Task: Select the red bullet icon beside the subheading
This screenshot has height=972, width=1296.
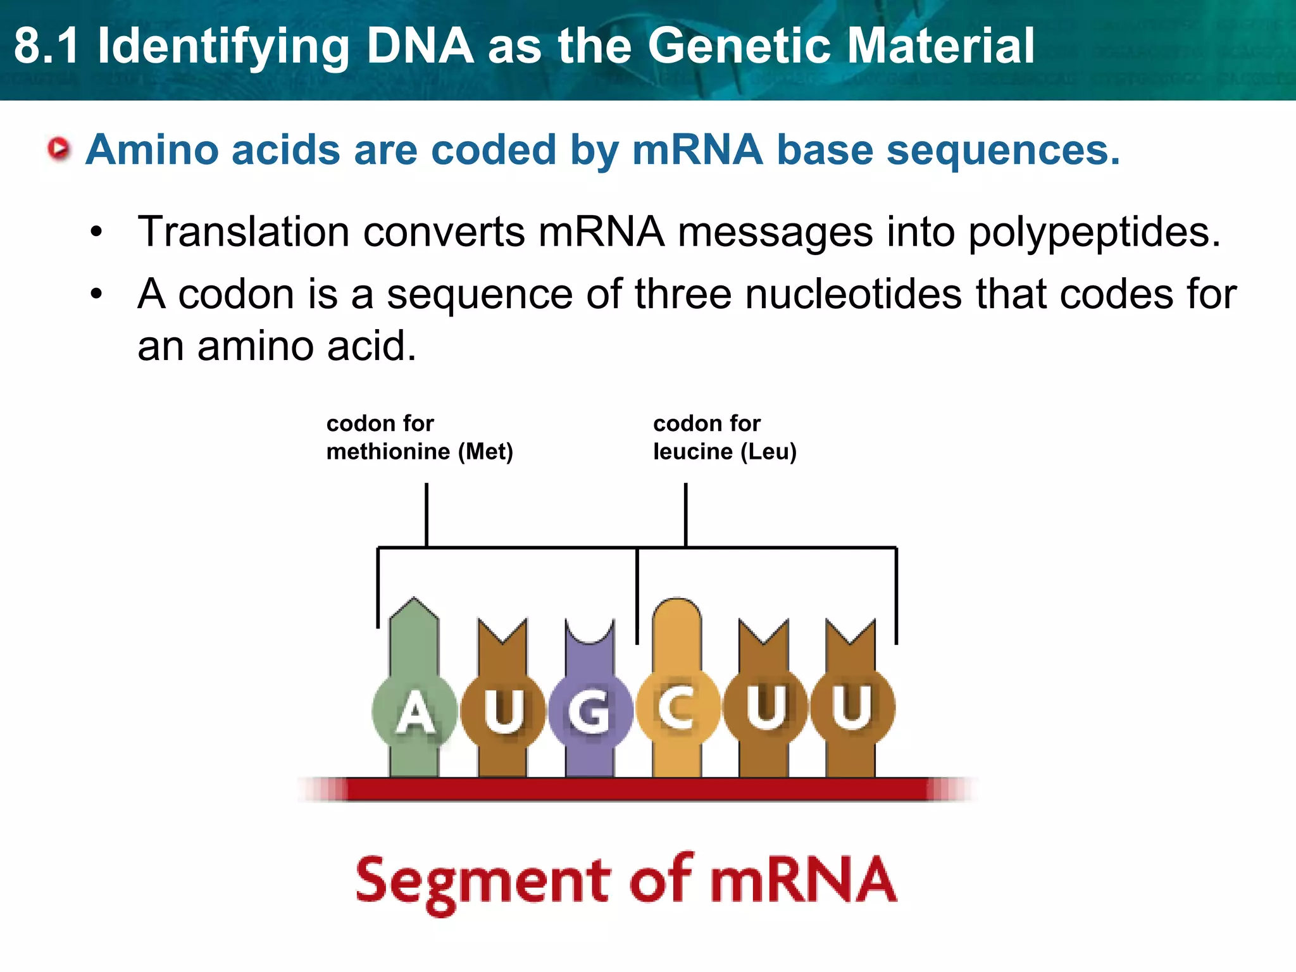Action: tap(59, 149)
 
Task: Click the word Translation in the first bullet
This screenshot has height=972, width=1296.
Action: tap(243, 232)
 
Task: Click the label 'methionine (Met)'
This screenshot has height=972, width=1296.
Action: tap(420, 452)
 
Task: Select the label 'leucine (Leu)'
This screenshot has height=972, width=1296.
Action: tap(725, 452)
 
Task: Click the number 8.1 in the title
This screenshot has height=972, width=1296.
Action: tap(47, 46)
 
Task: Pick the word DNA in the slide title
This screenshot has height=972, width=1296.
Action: tap(420, 46)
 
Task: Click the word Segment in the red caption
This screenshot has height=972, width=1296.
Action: tap(482, 882)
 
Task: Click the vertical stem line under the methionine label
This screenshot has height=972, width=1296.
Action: tap(427, 514)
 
